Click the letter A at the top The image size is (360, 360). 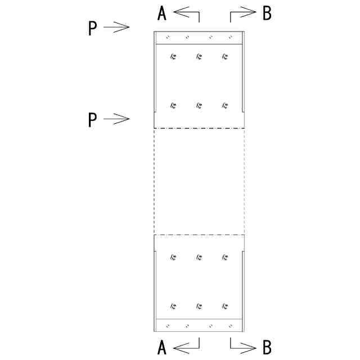pos(162,13)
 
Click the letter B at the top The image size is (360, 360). pos(267,13)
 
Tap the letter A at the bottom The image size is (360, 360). pos(162,348)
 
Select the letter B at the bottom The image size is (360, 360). pos(267,348)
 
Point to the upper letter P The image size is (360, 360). pos(93,29)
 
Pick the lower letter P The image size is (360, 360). pos(93,120)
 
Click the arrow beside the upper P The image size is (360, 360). pos(117,26)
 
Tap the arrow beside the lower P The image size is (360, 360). pos(117,118)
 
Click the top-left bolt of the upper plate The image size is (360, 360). pos(173,56)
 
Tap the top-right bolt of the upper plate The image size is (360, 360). pos(225,56)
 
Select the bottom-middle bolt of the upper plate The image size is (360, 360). pos(199,105)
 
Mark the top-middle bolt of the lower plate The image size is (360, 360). pos(199,257)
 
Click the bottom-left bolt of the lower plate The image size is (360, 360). pos(173,307)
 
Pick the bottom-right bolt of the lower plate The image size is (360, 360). pos(225,307)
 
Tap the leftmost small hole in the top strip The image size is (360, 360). pos(166,38)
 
